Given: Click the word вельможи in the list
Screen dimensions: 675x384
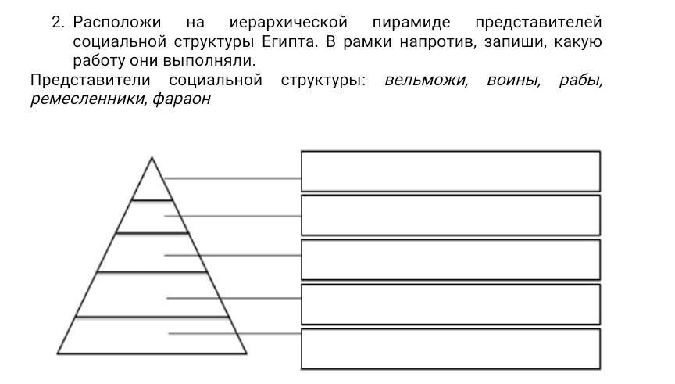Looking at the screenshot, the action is (x=427, y=81).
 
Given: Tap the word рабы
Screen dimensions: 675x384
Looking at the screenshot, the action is (x=580, y=81).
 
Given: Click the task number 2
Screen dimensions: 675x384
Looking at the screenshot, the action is (x=57, y=22).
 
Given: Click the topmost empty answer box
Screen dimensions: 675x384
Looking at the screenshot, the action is (x=450, y=171).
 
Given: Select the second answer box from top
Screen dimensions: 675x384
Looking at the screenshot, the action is (x=450, y=215).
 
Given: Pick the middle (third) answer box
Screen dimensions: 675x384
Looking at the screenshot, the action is (x=450, y=260).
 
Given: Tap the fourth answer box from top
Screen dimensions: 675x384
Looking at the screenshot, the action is (x=450, y=304).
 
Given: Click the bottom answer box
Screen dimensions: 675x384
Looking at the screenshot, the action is (x=450, y=349).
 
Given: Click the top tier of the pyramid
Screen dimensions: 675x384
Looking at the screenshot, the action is (x=152, y=185).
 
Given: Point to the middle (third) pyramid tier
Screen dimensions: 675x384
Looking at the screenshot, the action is (x=152, y=253).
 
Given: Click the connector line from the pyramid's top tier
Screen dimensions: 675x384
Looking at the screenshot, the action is (x=234, y=178).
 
